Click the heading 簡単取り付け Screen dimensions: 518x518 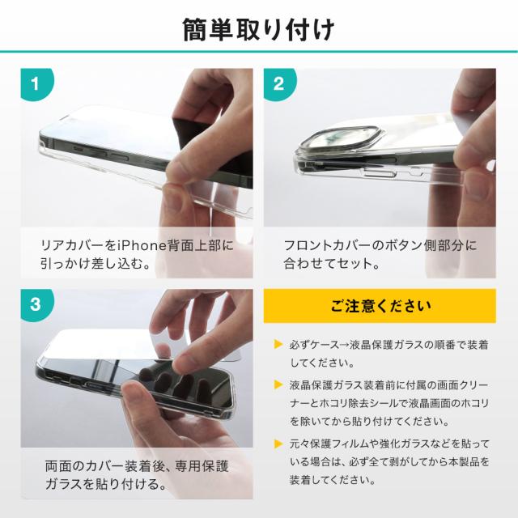click(259, 30)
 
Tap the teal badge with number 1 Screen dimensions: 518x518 click(36, 84)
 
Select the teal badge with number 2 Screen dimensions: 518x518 click(279, 84)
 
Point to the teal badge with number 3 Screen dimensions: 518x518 click(36, 304)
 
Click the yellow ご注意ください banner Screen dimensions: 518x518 click(380, 306)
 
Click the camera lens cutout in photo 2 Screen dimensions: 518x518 click(342, 138)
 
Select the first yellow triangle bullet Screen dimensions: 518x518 click(278, 344)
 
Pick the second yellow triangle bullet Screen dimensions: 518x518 click(278, 384)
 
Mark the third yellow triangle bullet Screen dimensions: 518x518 click(278, 444)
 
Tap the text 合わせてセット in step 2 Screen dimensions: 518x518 click(328, 263)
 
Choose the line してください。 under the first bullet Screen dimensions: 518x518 click(322, 363)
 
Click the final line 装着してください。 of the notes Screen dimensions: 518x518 click(333, 480)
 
